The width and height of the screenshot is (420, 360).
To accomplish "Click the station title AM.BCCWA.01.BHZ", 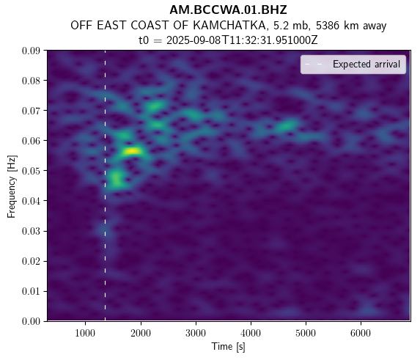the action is tap(228, 10).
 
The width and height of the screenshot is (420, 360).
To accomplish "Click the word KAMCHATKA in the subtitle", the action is tap(229, 26).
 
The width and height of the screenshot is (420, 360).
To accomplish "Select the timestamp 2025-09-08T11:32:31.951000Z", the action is tap(242, 40).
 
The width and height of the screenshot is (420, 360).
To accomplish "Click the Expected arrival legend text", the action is tap(366, 65).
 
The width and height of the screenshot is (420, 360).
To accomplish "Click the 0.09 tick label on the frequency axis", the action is tap(31, 51).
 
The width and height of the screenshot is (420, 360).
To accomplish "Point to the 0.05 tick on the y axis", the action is tap(31, 171).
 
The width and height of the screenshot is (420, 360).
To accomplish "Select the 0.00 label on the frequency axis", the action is tap(31, 321).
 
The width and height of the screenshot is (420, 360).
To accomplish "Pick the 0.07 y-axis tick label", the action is tap(31, 111).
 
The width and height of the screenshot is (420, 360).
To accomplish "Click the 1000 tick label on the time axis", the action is tap(86, 333).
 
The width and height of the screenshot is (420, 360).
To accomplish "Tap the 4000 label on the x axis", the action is tap(251, 333).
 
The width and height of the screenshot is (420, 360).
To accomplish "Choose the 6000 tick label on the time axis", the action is tap(361, 333).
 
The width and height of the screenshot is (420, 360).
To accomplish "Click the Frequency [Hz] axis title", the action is tap(12, 186).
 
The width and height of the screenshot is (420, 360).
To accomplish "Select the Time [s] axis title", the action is tap(228, 347).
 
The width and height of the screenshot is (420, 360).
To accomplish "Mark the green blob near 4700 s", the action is tap(287, 125).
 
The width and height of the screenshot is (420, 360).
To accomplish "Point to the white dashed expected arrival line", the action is tap(105, 185).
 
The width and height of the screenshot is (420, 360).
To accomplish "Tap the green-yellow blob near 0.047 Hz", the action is tap(117, 180).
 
